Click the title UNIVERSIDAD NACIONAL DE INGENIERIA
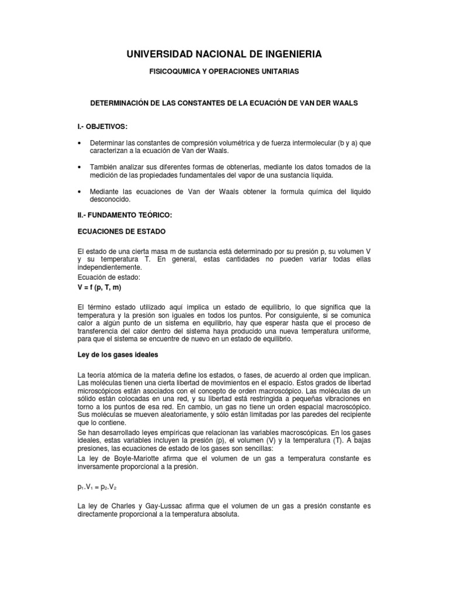(x=224, y=54)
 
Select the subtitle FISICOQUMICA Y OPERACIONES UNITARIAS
(x=224, y=71)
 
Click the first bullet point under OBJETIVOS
(x=80, y=143)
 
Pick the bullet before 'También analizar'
(x=80, y=167)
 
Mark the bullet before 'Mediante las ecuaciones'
(x=80, y=192)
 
